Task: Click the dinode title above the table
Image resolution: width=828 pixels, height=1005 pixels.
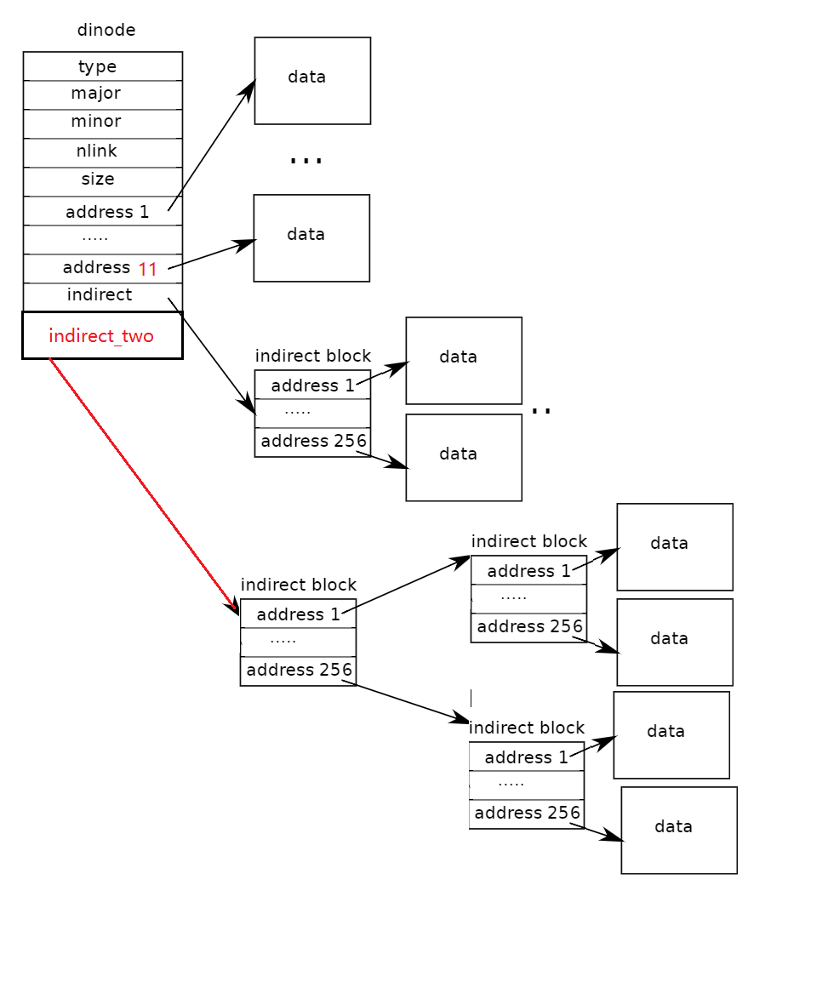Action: (106, 31)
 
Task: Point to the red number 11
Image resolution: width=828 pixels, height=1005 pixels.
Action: (148, 270)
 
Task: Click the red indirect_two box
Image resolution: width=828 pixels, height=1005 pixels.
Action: (102, 335)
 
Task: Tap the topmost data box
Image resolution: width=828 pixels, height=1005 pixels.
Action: (312, 80)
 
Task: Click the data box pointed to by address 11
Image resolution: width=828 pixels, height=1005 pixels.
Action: (311, 237)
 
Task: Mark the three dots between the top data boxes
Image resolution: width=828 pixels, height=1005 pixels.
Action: (306, 159)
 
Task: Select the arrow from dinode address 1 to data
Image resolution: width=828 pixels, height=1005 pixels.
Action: (211, 146)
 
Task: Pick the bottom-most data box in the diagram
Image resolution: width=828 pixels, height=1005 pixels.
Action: (678, 830)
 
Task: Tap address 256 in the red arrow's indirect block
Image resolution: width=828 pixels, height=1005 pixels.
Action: (298, 671)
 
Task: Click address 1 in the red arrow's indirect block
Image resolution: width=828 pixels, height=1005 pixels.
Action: (298, 614)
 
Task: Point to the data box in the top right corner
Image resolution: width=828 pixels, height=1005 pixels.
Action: (674, 546)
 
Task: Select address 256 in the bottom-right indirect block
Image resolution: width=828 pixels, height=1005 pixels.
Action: (527, 814)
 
